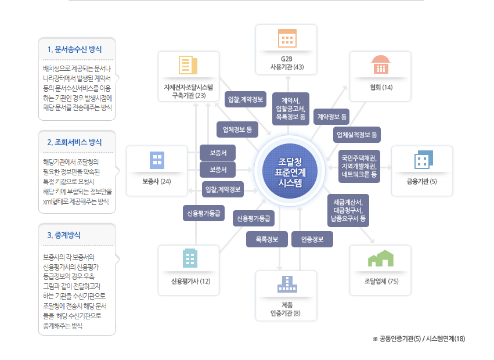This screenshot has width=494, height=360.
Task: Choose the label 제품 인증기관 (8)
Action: point(286,309)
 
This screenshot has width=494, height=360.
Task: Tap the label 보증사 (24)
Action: point(157,182)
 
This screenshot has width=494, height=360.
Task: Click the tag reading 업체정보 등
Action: point(237,128)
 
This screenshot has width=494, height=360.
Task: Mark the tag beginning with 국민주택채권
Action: point(359,165)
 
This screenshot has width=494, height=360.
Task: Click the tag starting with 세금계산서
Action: point(348,210)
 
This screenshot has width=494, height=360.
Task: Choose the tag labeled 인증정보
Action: point(312,239)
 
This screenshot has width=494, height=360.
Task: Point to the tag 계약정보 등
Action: point(332,117)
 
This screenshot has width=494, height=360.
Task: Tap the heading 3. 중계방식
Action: point(64,235)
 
